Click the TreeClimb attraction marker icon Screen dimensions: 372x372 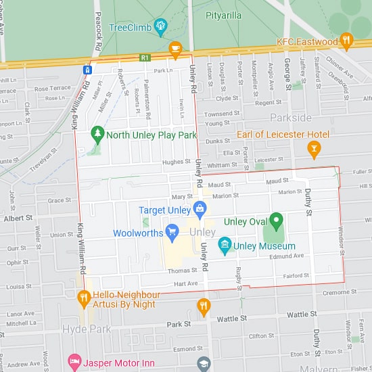(x=160, y=28)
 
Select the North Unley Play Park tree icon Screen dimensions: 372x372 (x=99, y=135)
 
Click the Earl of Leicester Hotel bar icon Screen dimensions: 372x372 (x=314, y=147)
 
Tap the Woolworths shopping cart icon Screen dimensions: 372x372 (x=172, y=233)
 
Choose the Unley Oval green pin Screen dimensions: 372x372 (x=276, y=220)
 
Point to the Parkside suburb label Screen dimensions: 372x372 (x=291, y=118)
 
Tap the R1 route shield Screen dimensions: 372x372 (x=145, y=58)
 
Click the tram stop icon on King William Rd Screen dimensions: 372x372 (x=88, y=70)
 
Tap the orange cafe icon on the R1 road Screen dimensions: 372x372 (x=175, y=48)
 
